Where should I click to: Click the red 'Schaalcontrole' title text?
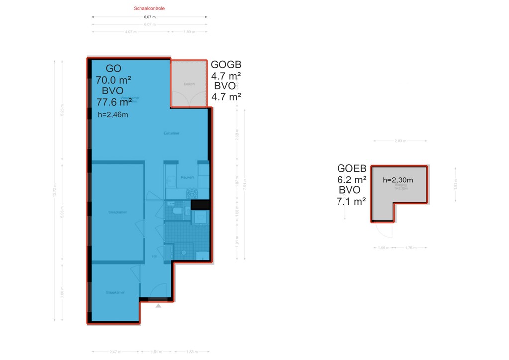click(x=149, y=8)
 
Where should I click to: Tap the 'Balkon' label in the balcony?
click(x=189, y=84)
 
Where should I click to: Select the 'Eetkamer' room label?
click(x=172, y=133)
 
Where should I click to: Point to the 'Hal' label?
click(x=155, y=256)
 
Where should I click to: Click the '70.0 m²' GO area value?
click(x=113, y=80)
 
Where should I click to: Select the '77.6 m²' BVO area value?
click(x=114, y=102)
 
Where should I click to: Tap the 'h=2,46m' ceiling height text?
click(x=113, y=115)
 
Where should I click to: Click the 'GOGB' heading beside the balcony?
click(x=226, y=65)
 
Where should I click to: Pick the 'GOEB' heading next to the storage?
click(x=351, y=169)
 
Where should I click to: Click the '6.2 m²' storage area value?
click(x=351, y=180)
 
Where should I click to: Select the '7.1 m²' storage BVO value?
click(x=351, y=201)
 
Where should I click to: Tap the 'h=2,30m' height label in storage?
click(x=398, y=180)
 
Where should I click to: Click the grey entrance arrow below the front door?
click(x=158, y=306)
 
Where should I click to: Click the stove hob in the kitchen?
click(x=191, y=193)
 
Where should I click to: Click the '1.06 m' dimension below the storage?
click(x=382, y=247)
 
